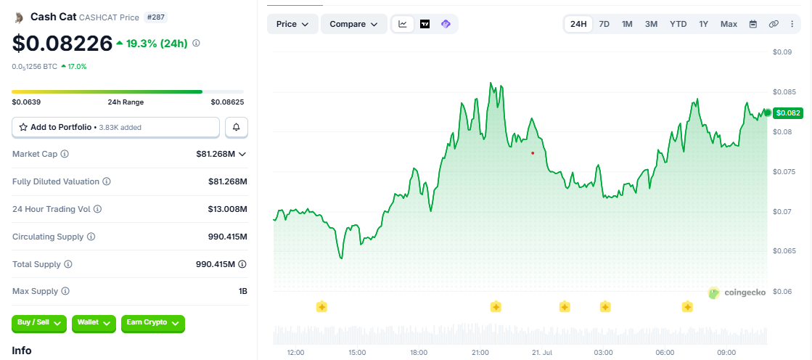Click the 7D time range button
click(x=604, y=24)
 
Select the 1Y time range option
click(x=703, y=24)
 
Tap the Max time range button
click(x=729, y=24)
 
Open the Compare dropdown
click(x=353, y=24)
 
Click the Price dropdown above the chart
click(x=292, y=24)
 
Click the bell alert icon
click(x=237, y=127)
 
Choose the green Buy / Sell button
click(x=39, y=323)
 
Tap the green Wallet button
click(x=94, y=323)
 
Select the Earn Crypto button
click(x=153, y=323)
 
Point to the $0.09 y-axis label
click(x=782, y=52)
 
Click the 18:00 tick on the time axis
click(x=419, y=352)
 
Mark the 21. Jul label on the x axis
click(x=541, y=352)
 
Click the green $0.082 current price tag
click(x=787, y=113)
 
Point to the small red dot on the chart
click(x=533, y=153)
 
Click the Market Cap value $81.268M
click(x=216, y=154)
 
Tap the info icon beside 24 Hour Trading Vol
click(x=97, y=209)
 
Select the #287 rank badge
click(x=155, y=17)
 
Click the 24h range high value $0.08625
click(x=227, y=102)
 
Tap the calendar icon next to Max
click(x=753, y=24)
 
